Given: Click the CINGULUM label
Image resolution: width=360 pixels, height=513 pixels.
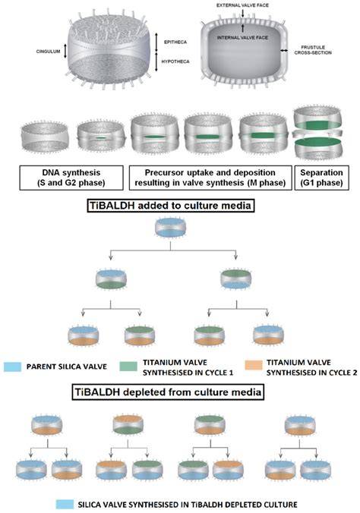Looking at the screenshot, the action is pyautogui.click(x=48, y=52).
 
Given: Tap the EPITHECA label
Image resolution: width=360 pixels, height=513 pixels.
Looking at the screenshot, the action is pyautogui.click(x=175, y=42).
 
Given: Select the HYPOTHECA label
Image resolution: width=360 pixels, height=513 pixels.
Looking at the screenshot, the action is pyautogui.click(x=175, y=61).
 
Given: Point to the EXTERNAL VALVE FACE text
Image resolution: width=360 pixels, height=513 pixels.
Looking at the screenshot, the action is pyautogui.click(x=242, y=5).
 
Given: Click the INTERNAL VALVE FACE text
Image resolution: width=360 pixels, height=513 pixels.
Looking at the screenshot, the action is pyautogui.click(x=242, y=38).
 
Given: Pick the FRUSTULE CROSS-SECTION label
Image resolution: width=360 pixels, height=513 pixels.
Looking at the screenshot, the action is pyautogui.click(x=313, y=50).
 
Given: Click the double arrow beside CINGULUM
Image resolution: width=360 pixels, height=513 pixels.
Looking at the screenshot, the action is pyautogui.click(x=65, y=51).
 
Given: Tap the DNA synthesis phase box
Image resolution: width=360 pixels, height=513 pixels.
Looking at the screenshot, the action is pyautogui.click(x=71, y=178).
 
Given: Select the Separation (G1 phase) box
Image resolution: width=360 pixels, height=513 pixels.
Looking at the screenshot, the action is pyautogui.click(x=321, y=178).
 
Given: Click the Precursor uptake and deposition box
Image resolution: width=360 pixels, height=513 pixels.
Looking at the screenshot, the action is pyautogui.click(x=210, y=178).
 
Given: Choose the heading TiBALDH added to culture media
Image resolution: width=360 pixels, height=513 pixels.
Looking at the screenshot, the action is pyautogui.click(x=171, y=206).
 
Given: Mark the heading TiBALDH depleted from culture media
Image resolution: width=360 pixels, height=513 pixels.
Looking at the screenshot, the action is pyautogui.click(x=168, y=392).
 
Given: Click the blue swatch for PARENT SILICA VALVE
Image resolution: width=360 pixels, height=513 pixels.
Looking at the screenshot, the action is pyautogui.click(x=12, y=367).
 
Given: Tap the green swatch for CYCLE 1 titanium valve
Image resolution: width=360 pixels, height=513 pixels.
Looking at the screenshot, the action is pyautogui.click(x=128, y=366).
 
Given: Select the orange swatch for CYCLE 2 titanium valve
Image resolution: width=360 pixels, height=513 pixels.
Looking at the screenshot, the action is pyautogui.click(x=254, y=365).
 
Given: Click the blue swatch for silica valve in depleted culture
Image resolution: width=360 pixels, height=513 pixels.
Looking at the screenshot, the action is pyautogui.click(x=65, y=504).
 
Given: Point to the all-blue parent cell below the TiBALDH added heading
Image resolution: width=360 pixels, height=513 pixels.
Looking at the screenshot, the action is pyautogui.click(x=170, y=228).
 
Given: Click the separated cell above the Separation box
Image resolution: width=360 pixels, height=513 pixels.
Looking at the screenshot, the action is pyautogui.click(x=317, y=133).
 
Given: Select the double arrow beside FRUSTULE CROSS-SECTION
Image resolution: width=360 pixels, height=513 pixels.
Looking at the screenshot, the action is pyautogui.click(x=284, y=50).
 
